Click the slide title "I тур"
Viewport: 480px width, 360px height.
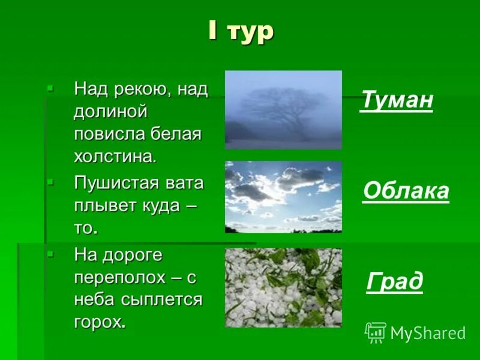pyautogui.click(x=241, y=31)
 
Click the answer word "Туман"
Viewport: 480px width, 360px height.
pyautogui.click(x=397, y=100)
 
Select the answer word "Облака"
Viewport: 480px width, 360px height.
pyautogui.click(x=406, y=191)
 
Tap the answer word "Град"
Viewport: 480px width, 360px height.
pyautogui.click(x=394, y=281)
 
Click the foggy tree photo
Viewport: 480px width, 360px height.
pyautogui.click(x=283, y=110)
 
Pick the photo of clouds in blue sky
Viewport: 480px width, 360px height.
pyautogui.click(x=283, y=197)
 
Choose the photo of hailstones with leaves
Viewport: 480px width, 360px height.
pyautogui.click(x=283, y=287)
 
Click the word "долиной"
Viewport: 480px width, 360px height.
pyautogui.click(x=110, y=112)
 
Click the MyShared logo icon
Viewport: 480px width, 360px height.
pyautogui.click(x=376, y=332)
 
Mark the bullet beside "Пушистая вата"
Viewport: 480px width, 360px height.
pyautogui.click(x=50, y=181)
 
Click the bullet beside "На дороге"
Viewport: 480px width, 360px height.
pyautogui.click(x=50, y=254)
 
